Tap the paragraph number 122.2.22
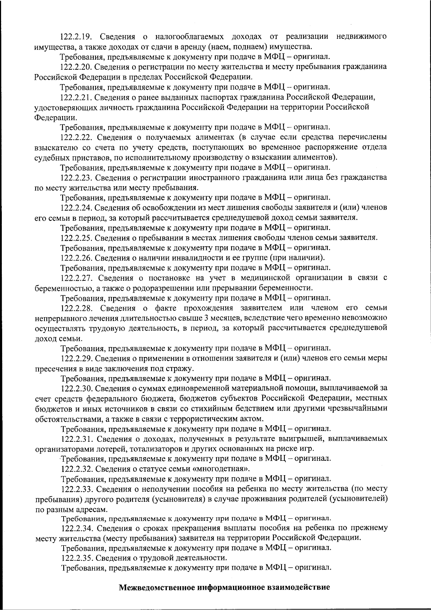tap(77, 137)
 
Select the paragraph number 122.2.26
tap(77, 258)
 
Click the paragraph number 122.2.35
tap(77, 558)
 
